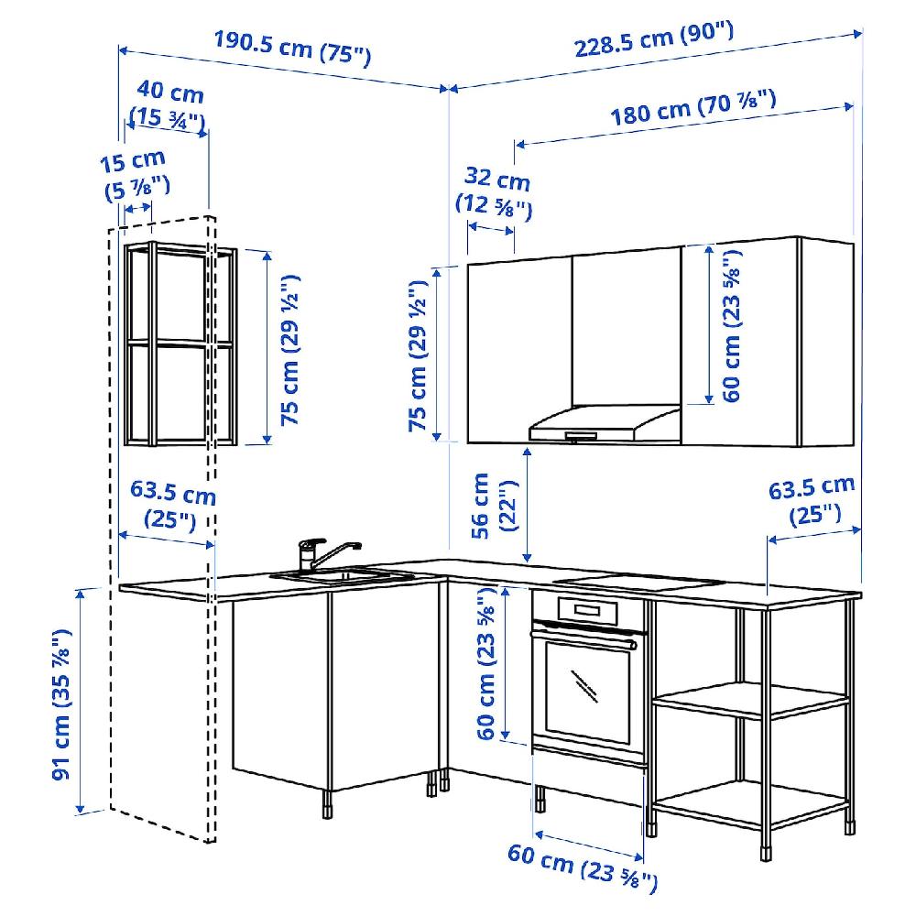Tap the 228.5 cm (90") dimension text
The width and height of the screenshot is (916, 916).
click(654, 41)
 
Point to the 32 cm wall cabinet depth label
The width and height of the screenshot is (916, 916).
click(497, 191)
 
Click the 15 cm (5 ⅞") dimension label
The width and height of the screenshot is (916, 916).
click(136, 174)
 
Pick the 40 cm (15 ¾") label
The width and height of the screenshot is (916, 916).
click(168, 104)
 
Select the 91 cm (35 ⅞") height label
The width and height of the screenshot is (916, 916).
click(61, 703)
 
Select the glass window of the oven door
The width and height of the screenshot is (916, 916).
click(586, 687)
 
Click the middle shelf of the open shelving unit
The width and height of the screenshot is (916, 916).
click(751, 702)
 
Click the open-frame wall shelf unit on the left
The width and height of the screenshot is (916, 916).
click(179, 345)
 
